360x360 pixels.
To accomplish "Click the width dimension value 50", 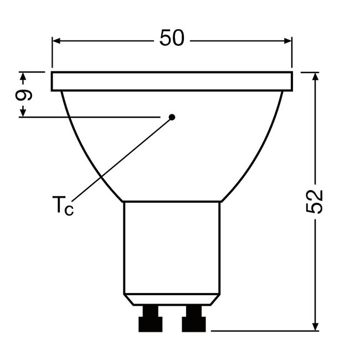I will coord(172,39).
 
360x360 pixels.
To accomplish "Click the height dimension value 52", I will coord(315,202).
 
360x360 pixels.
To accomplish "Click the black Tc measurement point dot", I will coord(172,117).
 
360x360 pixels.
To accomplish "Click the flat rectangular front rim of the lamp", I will coord(172,81).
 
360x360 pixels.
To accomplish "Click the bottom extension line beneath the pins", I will coord(260,331).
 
